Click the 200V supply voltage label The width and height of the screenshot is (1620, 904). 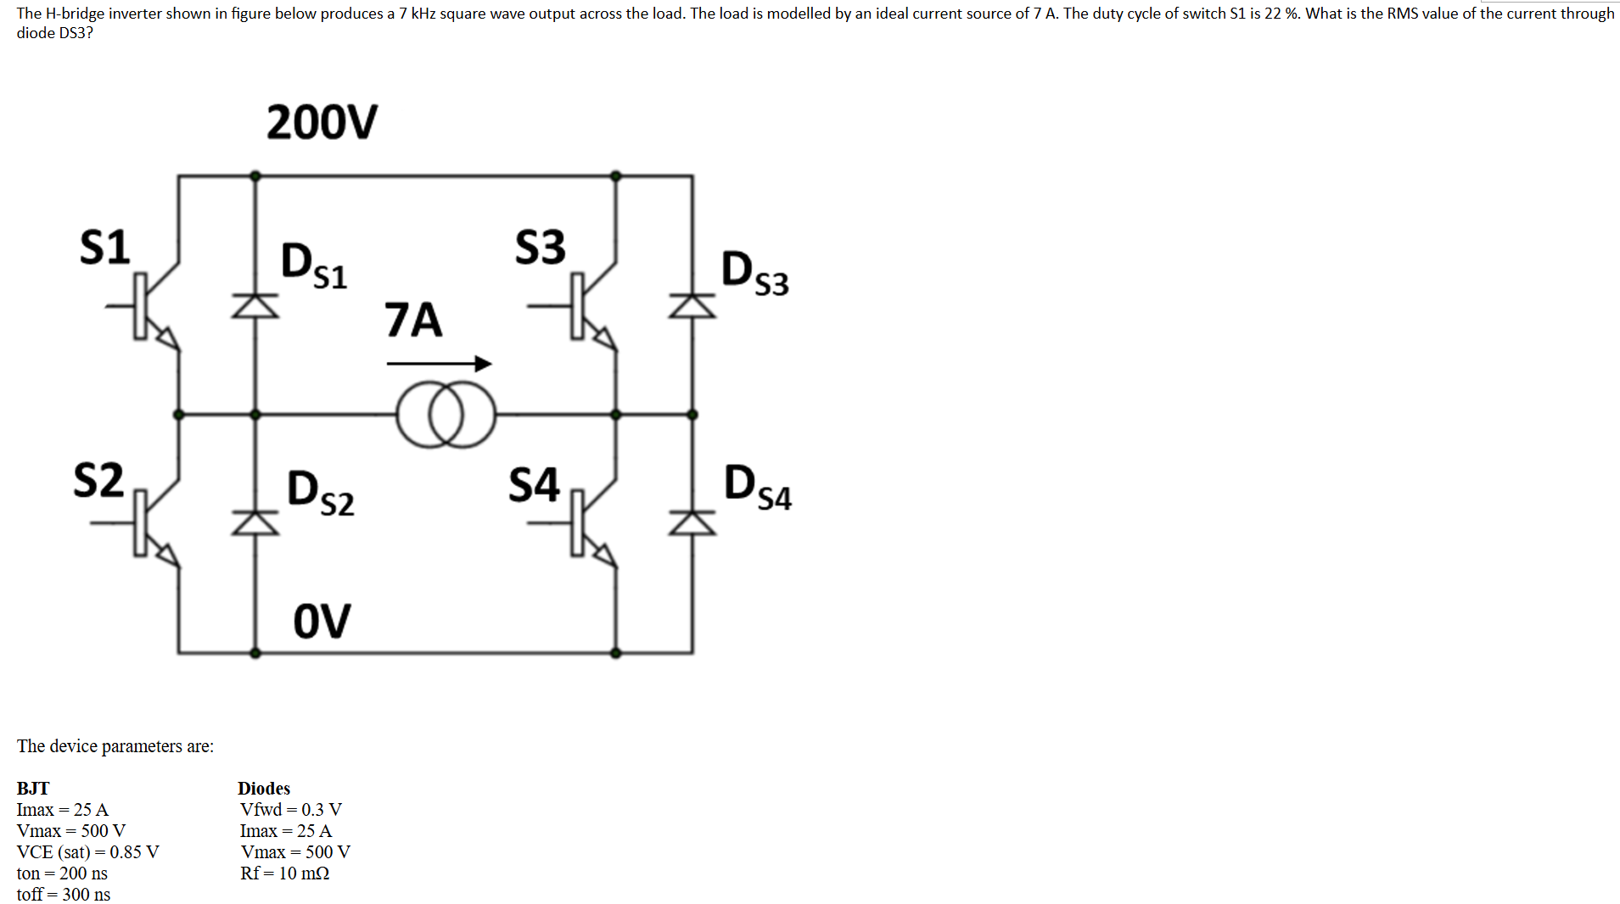322,122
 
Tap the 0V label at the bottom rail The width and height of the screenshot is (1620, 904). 322,621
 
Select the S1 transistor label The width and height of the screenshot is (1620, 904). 104,247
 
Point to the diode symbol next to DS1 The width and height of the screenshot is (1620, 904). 255,305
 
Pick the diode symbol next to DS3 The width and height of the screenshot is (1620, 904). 692,306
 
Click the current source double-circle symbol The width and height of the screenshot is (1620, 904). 446,414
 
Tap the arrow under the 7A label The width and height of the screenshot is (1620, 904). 439,364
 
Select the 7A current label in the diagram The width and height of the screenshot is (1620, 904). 413,320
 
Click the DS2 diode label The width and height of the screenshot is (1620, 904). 320,493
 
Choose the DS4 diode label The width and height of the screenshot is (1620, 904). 757,488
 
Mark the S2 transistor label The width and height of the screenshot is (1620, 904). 98,480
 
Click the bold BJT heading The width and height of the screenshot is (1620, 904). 33,788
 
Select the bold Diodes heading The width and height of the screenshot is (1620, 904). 264,788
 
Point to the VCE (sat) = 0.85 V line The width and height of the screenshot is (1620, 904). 88,851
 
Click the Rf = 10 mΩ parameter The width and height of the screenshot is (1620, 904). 285,873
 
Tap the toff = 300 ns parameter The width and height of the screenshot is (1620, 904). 64,894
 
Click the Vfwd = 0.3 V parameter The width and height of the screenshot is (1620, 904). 291,809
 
